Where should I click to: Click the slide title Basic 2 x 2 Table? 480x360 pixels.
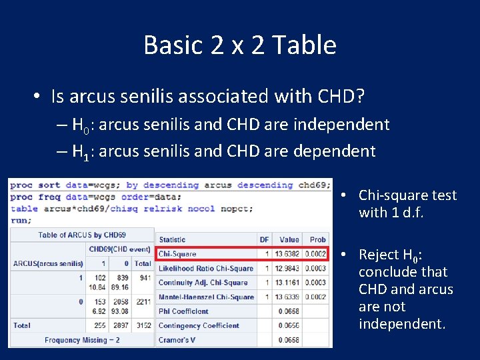click(x=240, y=45)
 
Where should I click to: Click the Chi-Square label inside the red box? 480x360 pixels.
click(x=177, y=253)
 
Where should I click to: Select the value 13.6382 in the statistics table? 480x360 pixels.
click(x=289, y=253)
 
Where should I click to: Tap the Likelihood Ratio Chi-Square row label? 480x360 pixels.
click(x=206, y=268)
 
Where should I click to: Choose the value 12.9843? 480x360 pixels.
click(x=289, y=268)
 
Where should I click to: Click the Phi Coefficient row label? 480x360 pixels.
click(x=183, y=311)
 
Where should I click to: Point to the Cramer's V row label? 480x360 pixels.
click(x=177, y=340)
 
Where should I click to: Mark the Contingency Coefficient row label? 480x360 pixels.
click(x=199, y=325)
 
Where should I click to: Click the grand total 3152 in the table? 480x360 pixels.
click(x=142, y=326)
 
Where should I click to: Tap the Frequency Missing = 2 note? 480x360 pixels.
click(x=83, y=340)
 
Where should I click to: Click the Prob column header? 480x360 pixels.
click(x=318, y=239)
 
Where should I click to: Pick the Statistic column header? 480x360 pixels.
click(x=172, y=239)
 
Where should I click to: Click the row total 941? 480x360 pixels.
click(x=143, y=278)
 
